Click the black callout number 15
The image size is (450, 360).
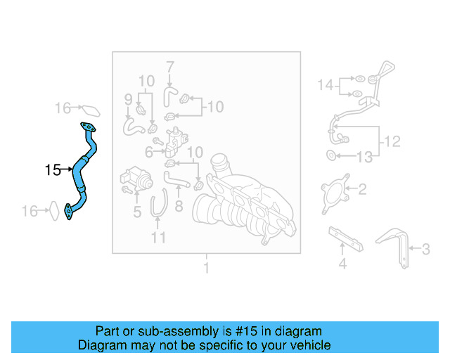[x=53, y=169]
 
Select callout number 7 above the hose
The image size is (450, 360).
[x=170, y=67]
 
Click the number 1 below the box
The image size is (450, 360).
[x=206, y=268]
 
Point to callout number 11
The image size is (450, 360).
[x=158, y=238]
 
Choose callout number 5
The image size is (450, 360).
[x=137, y=212]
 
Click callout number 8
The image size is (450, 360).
[x=179, y=206]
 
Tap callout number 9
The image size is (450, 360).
[x=128, y=100]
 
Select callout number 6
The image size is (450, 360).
[x=148, y=152]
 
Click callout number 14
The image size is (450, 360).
[x=326, y=85]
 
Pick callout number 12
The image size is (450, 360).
[x=392, y=141]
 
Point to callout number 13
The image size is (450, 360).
[x=364, y=157]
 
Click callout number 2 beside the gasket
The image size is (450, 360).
[x=363, y=189]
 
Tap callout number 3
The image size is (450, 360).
[x=426, y=249]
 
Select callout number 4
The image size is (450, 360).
[x=342, y=264]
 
